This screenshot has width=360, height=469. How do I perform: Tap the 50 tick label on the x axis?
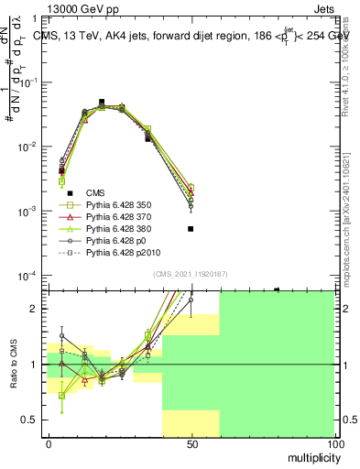[191, 443]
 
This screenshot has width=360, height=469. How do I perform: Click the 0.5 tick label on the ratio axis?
[30, 420]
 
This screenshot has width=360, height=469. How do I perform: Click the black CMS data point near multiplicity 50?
[191, 229]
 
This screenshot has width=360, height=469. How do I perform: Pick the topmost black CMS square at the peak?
[102, 102]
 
